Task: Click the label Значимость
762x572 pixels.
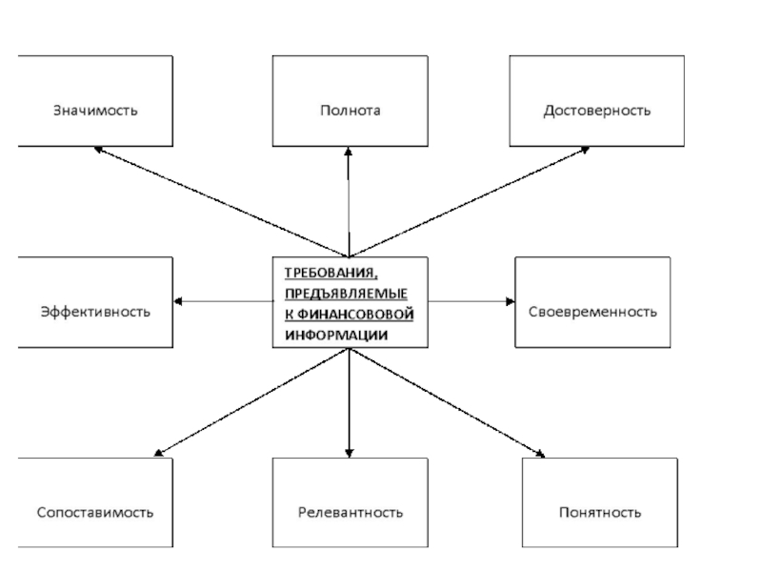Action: (x=95, y=111)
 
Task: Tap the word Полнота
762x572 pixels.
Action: (x=350, y=111)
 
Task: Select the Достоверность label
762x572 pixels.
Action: (x=597, y=111)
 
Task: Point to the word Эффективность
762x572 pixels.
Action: (x=95, y=312)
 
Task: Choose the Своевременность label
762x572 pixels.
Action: (x=592, y=312)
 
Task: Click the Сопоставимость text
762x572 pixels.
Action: (x=95, y=512)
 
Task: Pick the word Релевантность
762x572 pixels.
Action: (x=350, y=512)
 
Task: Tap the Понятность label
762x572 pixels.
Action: (x=600, y=512)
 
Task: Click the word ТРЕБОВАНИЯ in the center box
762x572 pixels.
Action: (x=331, y=274)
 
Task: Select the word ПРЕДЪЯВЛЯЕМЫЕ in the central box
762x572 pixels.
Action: (x=346, y=294)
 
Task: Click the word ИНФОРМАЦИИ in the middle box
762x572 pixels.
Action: (x=336, y=336)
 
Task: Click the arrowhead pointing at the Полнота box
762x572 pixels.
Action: (x=348, y=152)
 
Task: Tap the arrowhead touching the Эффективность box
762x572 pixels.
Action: (x=178, y=301)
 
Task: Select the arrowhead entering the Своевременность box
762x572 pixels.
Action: (x=510, y=301)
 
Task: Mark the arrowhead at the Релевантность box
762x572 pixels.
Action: (x=349, y=454)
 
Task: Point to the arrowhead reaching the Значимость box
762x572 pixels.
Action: (x=98, y=150)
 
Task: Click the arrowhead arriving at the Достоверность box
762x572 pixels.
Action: (x=585, y=150)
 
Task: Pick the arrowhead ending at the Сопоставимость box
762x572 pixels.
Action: (x=158, y=453)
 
